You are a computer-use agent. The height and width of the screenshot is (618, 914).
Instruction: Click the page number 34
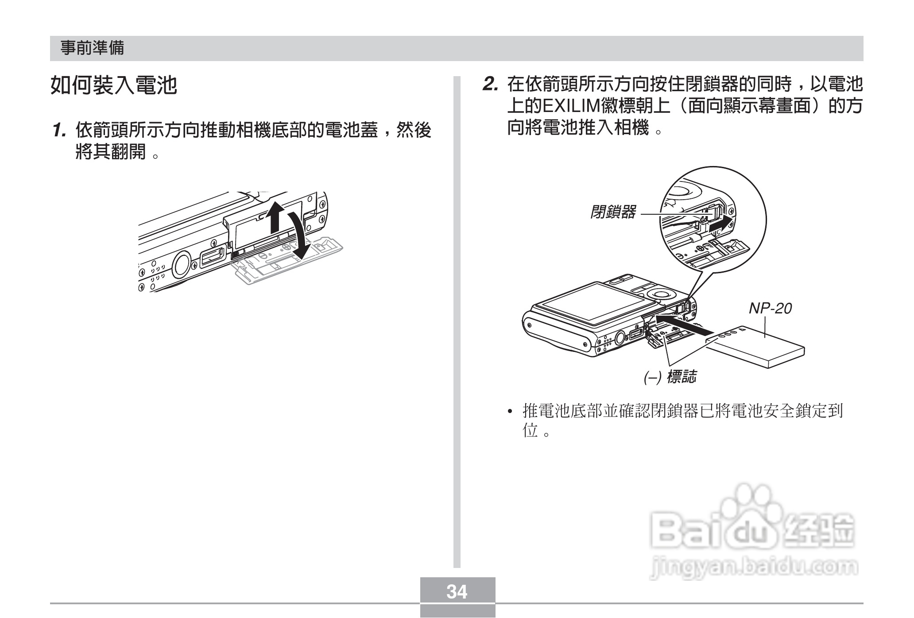coord(457,591)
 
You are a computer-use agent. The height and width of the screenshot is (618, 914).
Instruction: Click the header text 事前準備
coord(93,48)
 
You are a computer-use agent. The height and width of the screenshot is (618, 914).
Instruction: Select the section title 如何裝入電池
coord(114,85)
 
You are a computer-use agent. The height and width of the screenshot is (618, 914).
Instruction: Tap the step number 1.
coord(59,131)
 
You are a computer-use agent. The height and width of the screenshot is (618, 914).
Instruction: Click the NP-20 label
coord(770,309)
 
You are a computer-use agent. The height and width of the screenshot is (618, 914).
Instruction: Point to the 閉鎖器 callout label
coord(613,212)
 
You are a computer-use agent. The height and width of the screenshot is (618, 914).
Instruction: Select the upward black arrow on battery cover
coord(275,217)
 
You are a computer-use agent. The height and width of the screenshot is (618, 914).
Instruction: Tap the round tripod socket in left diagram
coord(181,265)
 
